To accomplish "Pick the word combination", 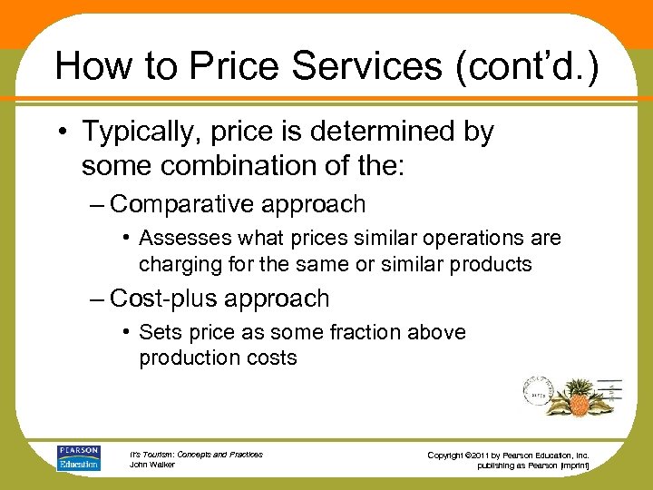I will pos(228,166).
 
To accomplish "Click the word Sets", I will pos(158,332).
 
